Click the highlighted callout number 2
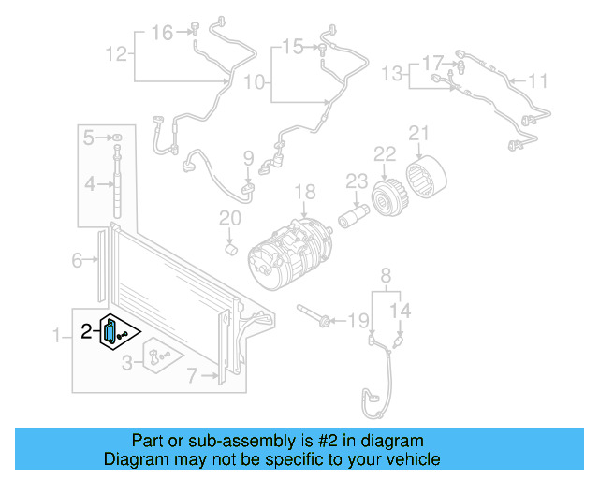tap(86, 330)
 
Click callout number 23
tap(357, 181)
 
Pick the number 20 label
tap(230, 220)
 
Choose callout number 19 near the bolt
tap(358, 322)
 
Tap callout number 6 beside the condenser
tap(78, 261)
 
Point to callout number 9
tap(249, 158)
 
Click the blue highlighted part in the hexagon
tap(111, 331)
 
